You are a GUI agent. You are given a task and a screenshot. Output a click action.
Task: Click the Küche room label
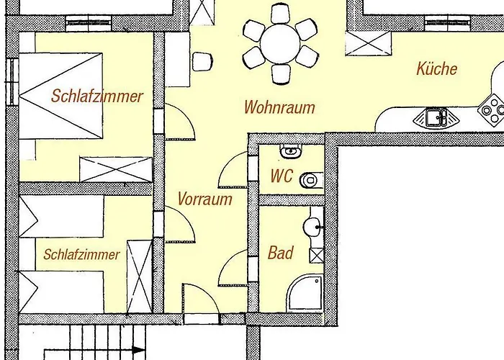(x=437, y=69)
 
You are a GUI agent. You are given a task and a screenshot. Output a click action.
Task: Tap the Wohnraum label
(x=279, y=107)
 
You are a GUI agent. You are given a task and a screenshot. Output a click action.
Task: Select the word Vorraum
(x=204, y=199)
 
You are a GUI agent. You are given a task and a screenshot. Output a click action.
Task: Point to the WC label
(x=282, y=176)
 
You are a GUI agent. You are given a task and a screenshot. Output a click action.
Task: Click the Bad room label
(x=280, y=253)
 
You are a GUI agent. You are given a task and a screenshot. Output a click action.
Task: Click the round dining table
(x=280, y=44)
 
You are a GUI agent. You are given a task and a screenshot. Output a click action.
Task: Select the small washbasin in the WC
(x=291, y=150)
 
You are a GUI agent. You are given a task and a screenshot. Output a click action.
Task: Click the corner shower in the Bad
(x=305, y=293)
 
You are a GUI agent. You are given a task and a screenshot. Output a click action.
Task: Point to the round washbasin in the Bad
(x=312, y=227)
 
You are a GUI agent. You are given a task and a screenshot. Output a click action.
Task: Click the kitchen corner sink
(x=436, y=117)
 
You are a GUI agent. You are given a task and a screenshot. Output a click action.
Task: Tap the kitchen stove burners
(x=492, y=110)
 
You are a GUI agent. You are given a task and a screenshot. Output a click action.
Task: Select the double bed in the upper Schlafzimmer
(x=60, y=96)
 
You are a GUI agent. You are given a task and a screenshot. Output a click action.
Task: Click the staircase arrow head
(x=139, y=350)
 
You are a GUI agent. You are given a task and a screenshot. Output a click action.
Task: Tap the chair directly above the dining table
(x=280, y=14)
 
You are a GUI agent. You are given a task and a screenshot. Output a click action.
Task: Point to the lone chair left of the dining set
(x=202, y=62)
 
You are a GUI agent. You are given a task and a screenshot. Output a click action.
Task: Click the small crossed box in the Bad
(x=316, y=256)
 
